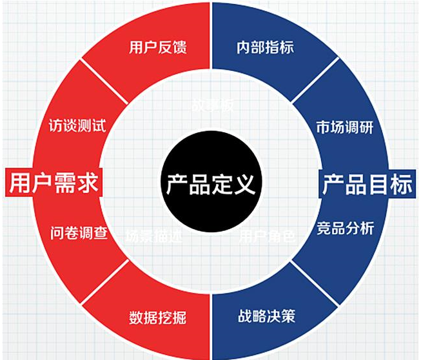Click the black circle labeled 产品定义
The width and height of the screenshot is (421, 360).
click(210, 184)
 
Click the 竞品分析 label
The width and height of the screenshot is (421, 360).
click(345, 228)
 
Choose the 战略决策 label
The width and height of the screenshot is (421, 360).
click(266, 317)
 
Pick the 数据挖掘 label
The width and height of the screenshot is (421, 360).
click(158, 317)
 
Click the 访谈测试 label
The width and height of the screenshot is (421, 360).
click(77, 125)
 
